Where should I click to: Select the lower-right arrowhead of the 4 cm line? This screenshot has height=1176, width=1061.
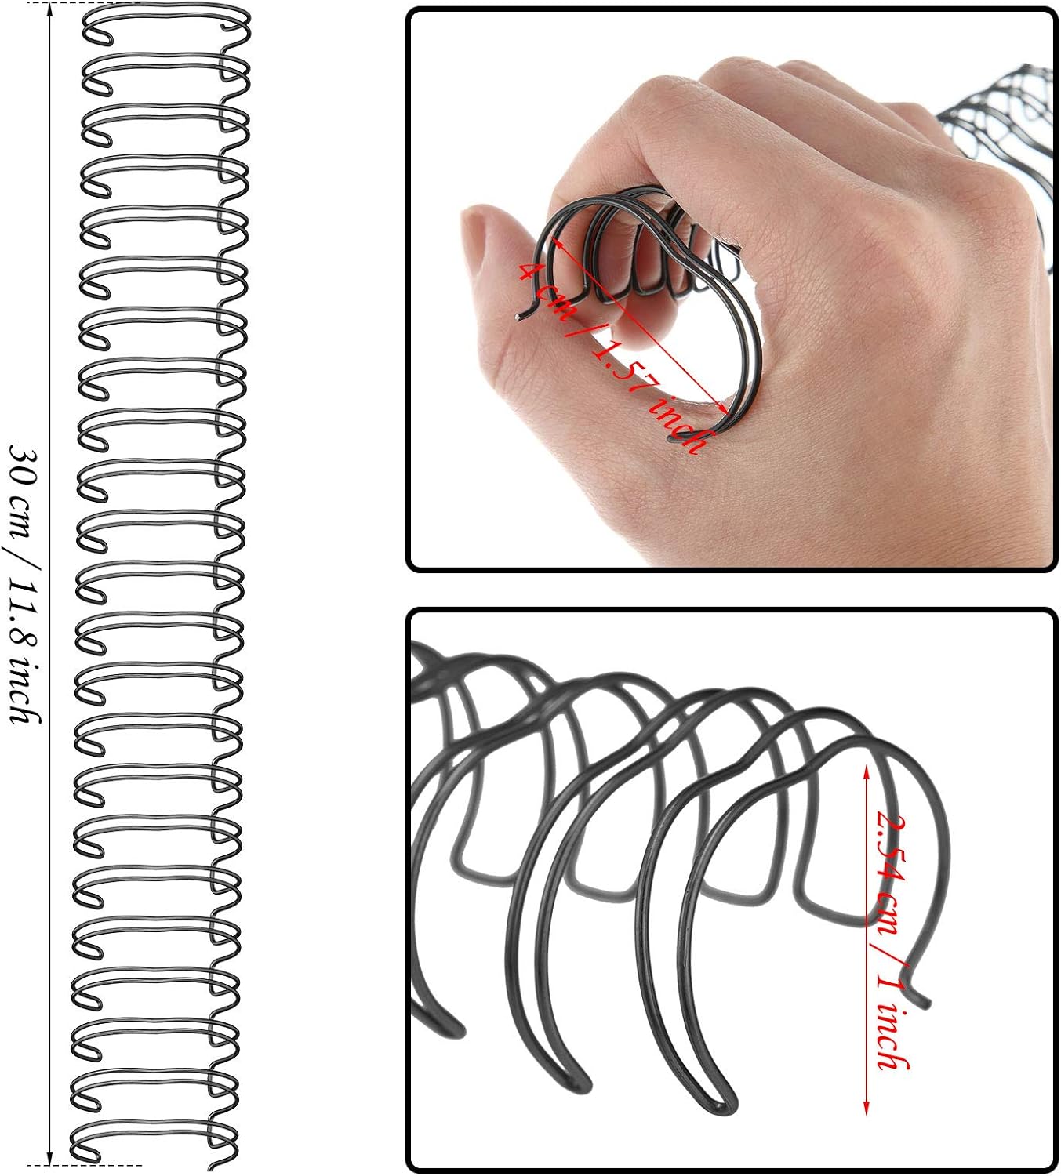722,407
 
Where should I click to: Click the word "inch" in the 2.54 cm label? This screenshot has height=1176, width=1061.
892,1039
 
